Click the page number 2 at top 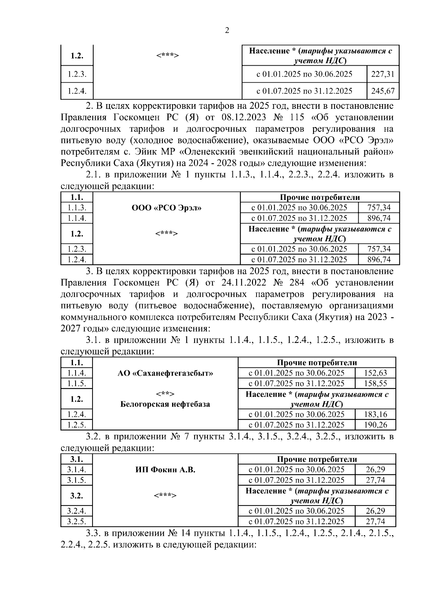click(227, 31)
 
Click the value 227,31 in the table click(383, 74)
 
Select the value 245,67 click(383, 91)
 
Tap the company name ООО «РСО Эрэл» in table click(166, 208)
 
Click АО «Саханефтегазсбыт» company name click(165, 373)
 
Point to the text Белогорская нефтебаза click(165, 404)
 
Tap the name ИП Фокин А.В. click(165, 470)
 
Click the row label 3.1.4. click(77, 470)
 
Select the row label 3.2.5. click(77, 521)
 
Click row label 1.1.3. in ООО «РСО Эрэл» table click(77, 208)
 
